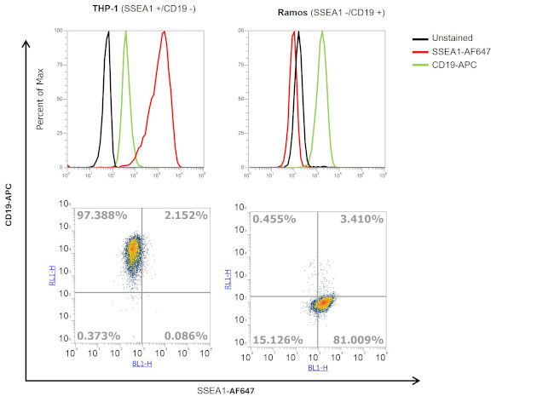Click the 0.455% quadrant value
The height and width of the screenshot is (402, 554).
coord(274,219)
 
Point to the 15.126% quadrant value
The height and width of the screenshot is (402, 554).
coord(278,340)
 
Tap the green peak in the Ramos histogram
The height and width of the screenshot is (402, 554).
coord(322,34)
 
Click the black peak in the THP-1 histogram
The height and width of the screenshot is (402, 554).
coord(108,34)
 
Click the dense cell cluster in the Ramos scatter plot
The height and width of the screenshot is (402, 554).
coord(322,302)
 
